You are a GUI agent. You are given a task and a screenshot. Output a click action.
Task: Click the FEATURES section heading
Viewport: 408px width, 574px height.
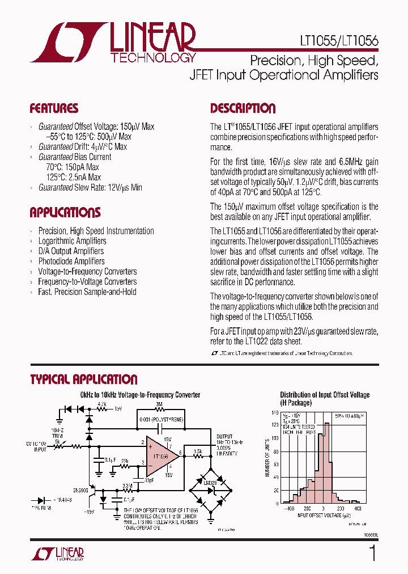54,108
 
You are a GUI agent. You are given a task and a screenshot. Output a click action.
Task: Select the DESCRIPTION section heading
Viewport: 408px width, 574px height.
243,108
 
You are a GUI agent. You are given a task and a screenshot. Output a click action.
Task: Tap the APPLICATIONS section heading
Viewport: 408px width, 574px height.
65,213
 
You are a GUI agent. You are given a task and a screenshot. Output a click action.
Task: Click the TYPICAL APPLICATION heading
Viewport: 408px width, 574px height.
83,379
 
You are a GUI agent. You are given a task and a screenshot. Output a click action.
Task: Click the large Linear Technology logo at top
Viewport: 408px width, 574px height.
113,43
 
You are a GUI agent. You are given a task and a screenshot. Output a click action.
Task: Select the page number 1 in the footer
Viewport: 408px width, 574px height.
372,552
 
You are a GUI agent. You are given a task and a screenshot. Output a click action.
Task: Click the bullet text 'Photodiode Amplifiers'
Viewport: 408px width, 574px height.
71,261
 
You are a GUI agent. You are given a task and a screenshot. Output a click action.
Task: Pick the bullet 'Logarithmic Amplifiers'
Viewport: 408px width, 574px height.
72,241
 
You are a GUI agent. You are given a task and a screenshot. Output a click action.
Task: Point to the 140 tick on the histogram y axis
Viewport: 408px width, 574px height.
274,413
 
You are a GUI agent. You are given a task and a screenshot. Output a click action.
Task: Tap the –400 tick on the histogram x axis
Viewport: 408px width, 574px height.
291,509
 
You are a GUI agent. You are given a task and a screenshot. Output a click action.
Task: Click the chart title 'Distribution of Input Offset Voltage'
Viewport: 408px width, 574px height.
324,395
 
